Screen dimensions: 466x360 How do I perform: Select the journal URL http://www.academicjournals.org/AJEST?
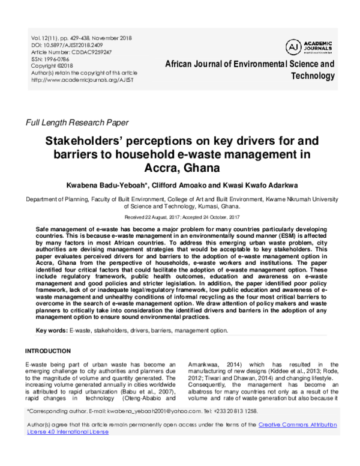(83, 79)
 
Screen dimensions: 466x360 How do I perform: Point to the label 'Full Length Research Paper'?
(76, 123)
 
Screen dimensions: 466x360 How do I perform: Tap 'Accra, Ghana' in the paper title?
(179, 168)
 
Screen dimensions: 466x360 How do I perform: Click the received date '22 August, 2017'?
(163, 216)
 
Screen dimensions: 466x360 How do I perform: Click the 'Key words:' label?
(52, 331)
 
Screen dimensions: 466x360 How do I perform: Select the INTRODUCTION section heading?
(47, 351)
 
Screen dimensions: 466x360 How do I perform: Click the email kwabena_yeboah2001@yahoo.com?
(155, 411)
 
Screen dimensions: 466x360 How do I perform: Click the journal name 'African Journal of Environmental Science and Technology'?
(249, 69)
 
